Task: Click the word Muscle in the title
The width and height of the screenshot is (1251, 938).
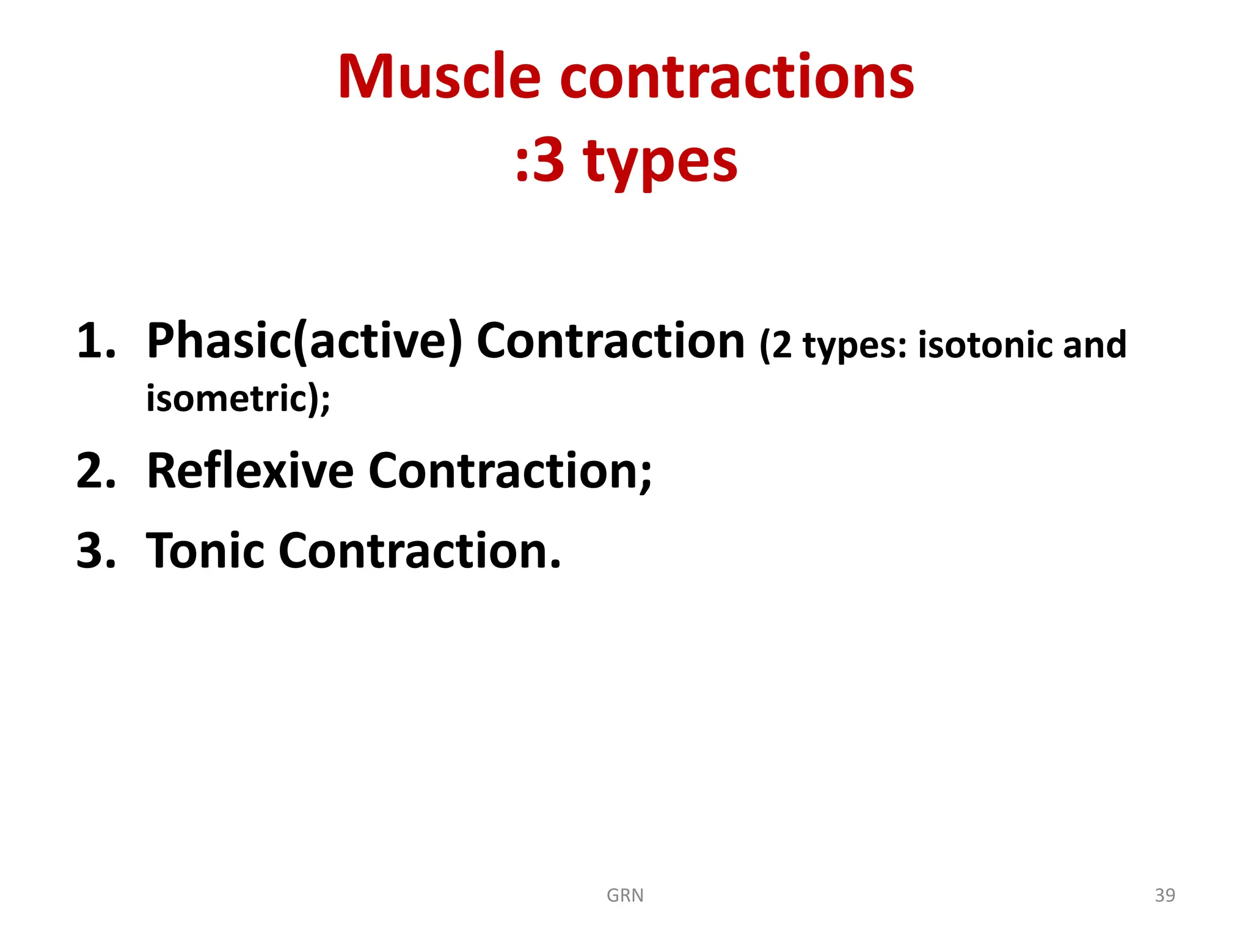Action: coord(439,77)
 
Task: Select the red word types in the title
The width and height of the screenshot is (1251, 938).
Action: coord(660,162)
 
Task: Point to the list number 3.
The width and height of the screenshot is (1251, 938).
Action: coord(95,551)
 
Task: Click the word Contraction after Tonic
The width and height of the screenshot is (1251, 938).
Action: coord(419,551)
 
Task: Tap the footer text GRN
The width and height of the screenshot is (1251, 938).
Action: coord(625,895)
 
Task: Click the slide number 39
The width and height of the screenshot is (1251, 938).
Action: coord(1165,895)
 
